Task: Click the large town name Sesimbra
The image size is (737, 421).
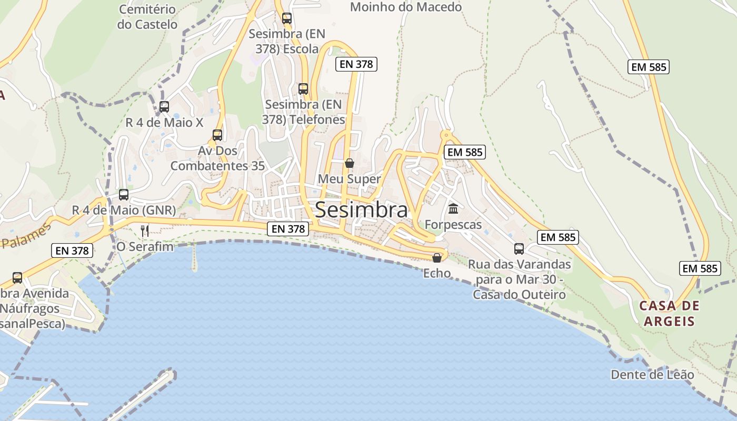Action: [361, 210]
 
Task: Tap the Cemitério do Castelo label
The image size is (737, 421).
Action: [147, 17]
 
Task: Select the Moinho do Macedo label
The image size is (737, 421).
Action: [406, 7]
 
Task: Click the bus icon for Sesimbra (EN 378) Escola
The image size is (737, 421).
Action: [286, 18]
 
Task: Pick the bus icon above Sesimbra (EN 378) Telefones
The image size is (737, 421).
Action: [303, 88]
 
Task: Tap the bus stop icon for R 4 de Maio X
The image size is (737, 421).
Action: [164, 107]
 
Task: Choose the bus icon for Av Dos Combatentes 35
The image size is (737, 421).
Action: [217, 135]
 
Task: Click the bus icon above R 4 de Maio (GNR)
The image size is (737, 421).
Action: [124, 195]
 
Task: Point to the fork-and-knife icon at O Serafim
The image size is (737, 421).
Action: [145, 230]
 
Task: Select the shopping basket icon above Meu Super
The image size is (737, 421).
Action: [349, 163]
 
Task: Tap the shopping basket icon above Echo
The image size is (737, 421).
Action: [437, 258]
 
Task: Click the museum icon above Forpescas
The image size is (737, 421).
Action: [453, 209]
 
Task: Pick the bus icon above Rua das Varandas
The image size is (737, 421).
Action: [519, 249]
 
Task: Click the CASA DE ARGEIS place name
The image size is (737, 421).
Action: [669, 314]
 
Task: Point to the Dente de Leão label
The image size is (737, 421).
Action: [652, 375]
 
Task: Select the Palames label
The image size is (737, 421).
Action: [26, 236]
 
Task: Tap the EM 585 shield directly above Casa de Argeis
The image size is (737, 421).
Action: [700, 268]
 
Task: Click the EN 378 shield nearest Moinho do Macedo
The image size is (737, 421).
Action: [356, 64]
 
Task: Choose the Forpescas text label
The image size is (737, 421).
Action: [453, 225]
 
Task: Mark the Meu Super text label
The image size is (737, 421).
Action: [349, 179]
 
